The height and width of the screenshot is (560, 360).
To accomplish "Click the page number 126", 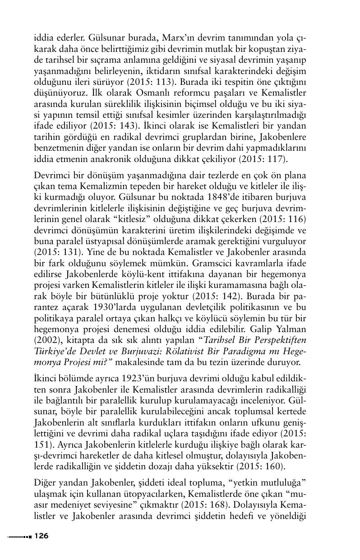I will [41, 536].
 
